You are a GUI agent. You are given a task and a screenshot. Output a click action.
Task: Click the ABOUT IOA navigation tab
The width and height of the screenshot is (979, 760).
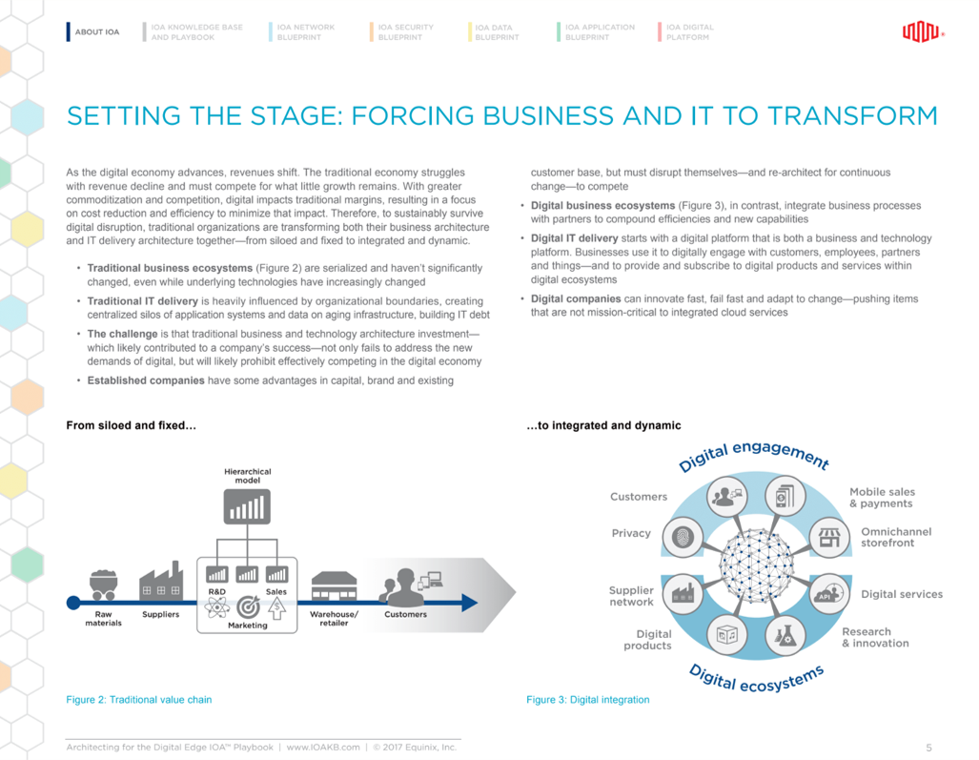pos(96,32)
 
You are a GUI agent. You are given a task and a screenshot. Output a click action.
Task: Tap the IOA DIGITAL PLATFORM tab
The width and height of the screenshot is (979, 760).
pos(689,32)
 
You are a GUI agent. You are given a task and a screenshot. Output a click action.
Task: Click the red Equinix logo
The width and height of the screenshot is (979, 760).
pos(922,32)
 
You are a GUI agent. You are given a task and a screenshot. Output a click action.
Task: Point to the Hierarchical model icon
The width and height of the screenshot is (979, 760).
pos(247,506)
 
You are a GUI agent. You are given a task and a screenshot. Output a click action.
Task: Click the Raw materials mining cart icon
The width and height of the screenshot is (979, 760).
pos(103,584)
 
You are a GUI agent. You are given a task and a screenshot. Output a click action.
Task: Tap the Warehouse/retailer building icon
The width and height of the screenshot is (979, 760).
pos(334,585)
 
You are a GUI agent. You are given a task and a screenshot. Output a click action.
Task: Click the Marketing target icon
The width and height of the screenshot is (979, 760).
pos(247,606)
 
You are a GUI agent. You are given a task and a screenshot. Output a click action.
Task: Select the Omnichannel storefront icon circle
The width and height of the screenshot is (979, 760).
pos(828,537)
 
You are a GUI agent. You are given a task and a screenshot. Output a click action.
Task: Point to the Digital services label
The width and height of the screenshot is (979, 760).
pos(901,594)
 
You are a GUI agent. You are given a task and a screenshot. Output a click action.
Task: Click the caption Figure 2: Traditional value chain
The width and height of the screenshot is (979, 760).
pos(139,700)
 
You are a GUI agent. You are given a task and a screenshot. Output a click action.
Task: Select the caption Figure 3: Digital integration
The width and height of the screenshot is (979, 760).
pos(588,700)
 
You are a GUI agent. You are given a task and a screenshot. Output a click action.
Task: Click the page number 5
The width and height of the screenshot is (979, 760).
pos(928,747)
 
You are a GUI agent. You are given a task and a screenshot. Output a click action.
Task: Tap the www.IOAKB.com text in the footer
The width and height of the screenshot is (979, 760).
pos(322,747)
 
